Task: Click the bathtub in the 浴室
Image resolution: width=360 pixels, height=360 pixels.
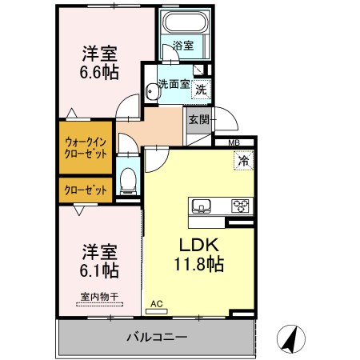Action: [186, 22]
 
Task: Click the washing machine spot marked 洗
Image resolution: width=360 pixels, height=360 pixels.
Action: [201, 90]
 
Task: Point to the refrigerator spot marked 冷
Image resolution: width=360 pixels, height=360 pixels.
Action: [243, 160]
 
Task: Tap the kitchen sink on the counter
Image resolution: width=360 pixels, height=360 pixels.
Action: [201, 206]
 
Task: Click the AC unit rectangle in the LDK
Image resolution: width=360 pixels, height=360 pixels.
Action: [156, 311]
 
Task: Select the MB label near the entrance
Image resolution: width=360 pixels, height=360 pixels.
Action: [234, 142]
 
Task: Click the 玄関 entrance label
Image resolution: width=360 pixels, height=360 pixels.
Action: [199, 120]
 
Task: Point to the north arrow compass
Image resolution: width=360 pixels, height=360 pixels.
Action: [291, 339]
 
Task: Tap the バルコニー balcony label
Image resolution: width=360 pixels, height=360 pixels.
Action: [157, 338]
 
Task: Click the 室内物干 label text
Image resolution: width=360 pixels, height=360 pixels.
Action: [99, 297]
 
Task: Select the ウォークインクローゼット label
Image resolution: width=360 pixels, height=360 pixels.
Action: [86, 148]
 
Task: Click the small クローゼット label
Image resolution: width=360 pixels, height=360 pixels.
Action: [86, 190]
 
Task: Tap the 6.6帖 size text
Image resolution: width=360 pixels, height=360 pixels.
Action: [99, 72]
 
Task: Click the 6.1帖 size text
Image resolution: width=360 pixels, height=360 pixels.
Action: [99, 270]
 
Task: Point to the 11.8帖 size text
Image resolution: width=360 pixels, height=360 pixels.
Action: [198, 264]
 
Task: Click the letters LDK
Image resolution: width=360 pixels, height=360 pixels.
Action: [199, 245]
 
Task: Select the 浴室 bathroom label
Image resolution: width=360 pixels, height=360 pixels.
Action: [183, 46]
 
